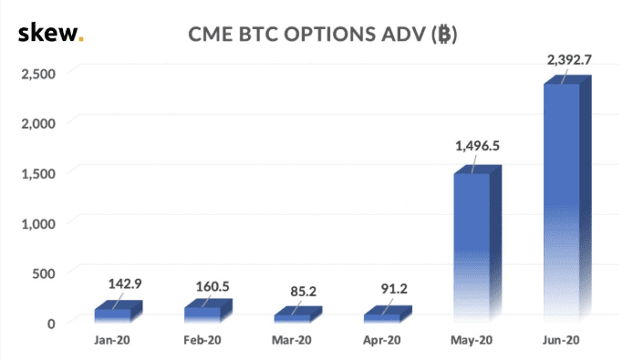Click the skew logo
pyautogui.click(x=51, y=33)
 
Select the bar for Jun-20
pyautogui.click(x=567, y=198)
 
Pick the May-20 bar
pyautogui.click(x=478, y=243)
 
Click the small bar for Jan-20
pyautogui.click(x=119, y=312)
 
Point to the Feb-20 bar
pyautogui.click(x=208, y=311)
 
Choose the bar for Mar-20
pyautogui.click(x=298, y=314)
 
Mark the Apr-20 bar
pyautogui.click(x=388, y=314)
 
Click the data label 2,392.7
pyautogui.click(x=569, y=60)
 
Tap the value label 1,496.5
pyautogui.click(x=477, y=146)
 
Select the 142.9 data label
pyautogui.click(x=125, y=283)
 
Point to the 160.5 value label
pyautogui.click(x=213, y=286)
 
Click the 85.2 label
pyautogui.click(x=303, y=292)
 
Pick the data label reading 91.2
pyautogui.click(x=394, y=289)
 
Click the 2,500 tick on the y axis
pyautogui.click(x=38, y=74)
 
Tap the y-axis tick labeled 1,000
pyautogui.click(x=38, y=223)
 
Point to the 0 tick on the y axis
pyautogui.click(x=51, y=324)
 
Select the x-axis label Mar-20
pyautogui.click(x=292, y=340)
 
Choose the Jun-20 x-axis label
pyautogui.click(x=561, y=340)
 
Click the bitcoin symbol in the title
pyautogui.click(x=444, y=35)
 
